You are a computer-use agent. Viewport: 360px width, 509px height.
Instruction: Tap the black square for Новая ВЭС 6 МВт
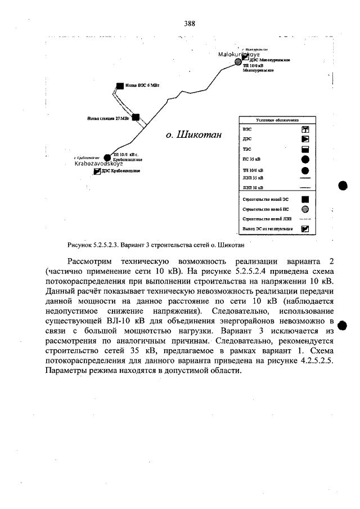coord(119,86)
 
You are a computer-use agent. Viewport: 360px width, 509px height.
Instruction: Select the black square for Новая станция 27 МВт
coord(135,118)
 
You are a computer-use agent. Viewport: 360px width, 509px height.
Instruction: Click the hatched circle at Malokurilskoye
coord(238,60)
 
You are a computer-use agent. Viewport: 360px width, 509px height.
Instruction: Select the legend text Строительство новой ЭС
coord(265,199)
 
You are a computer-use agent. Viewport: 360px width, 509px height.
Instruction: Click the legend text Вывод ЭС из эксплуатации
coord(265,229)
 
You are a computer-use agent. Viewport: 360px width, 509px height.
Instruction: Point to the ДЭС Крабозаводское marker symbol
coord(97,171)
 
